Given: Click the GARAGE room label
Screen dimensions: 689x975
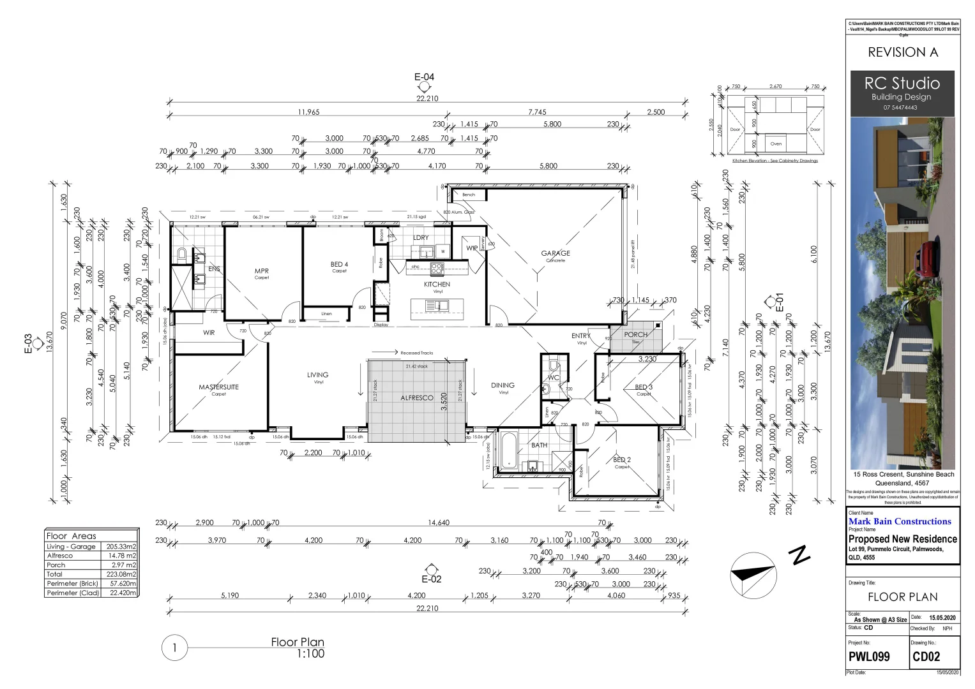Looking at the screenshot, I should pyautogui.click(x=556, y=253).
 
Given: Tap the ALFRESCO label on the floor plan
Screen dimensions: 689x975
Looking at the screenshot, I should pyautogui.click(x=416, y=397).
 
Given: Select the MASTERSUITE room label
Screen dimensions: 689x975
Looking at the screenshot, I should pyautogui.click(x=218, y=387).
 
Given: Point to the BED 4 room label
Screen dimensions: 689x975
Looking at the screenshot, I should pyautogui.click(x=339, y=264).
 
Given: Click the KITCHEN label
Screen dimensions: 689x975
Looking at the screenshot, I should pyautogui.click(x=437, y=285).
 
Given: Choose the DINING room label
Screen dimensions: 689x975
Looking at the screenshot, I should pyautogui.click(x=503, y=385).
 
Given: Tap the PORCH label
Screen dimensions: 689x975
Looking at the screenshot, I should pyautogui.click(x=635, y=334).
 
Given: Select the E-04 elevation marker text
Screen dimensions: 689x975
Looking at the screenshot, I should pyautogui.click(x=424, y=77).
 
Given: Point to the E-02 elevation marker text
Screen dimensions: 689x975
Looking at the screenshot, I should pyautogui.click(x=432, y=579).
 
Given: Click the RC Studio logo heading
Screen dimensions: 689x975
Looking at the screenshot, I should pyautogui.click(x=902, y=84).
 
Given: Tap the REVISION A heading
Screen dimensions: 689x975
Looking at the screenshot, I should pyautogui.click(x=902, y=52).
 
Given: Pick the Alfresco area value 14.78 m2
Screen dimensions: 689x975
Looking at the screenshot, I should pyautogui.click(x=122, y=556).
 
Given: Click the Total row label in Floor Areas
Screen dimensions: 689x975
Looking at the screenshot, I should pyautogui.click(x=55, y=574).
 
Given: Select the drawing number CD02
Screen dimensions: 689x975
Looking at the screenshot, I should pyautogui.click(x=926, y=656).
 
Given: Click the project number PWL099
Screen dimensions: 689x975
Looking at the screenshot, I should pyautogui.click(x=868, y=656).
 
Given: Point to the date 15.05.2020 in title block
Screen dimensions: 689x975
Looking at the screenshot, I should pyautogui.click(x=942, y=618).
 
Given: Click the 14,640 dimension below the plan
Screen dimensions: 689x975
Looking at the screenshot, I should pyautogui.click(x=439, y=522).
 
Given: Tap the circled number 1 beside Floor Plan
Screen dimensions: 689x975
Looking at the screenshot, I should pyautogui.click(x=174, y=649).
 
